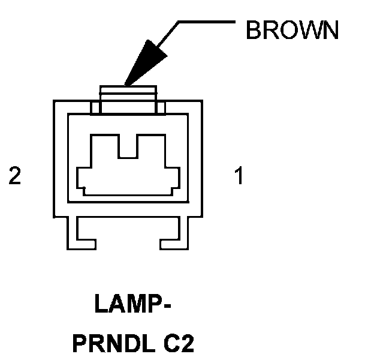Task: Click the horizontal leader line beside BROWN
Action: (207, 23)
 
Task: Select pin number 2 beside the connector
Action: (15, 176)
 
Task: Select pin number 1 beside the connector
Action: (239, 176)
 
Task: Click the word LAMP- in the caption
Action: (132, 305)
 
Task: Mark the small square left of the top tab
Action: (95, 108)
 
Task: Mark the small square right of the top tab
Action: (161, 108)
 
